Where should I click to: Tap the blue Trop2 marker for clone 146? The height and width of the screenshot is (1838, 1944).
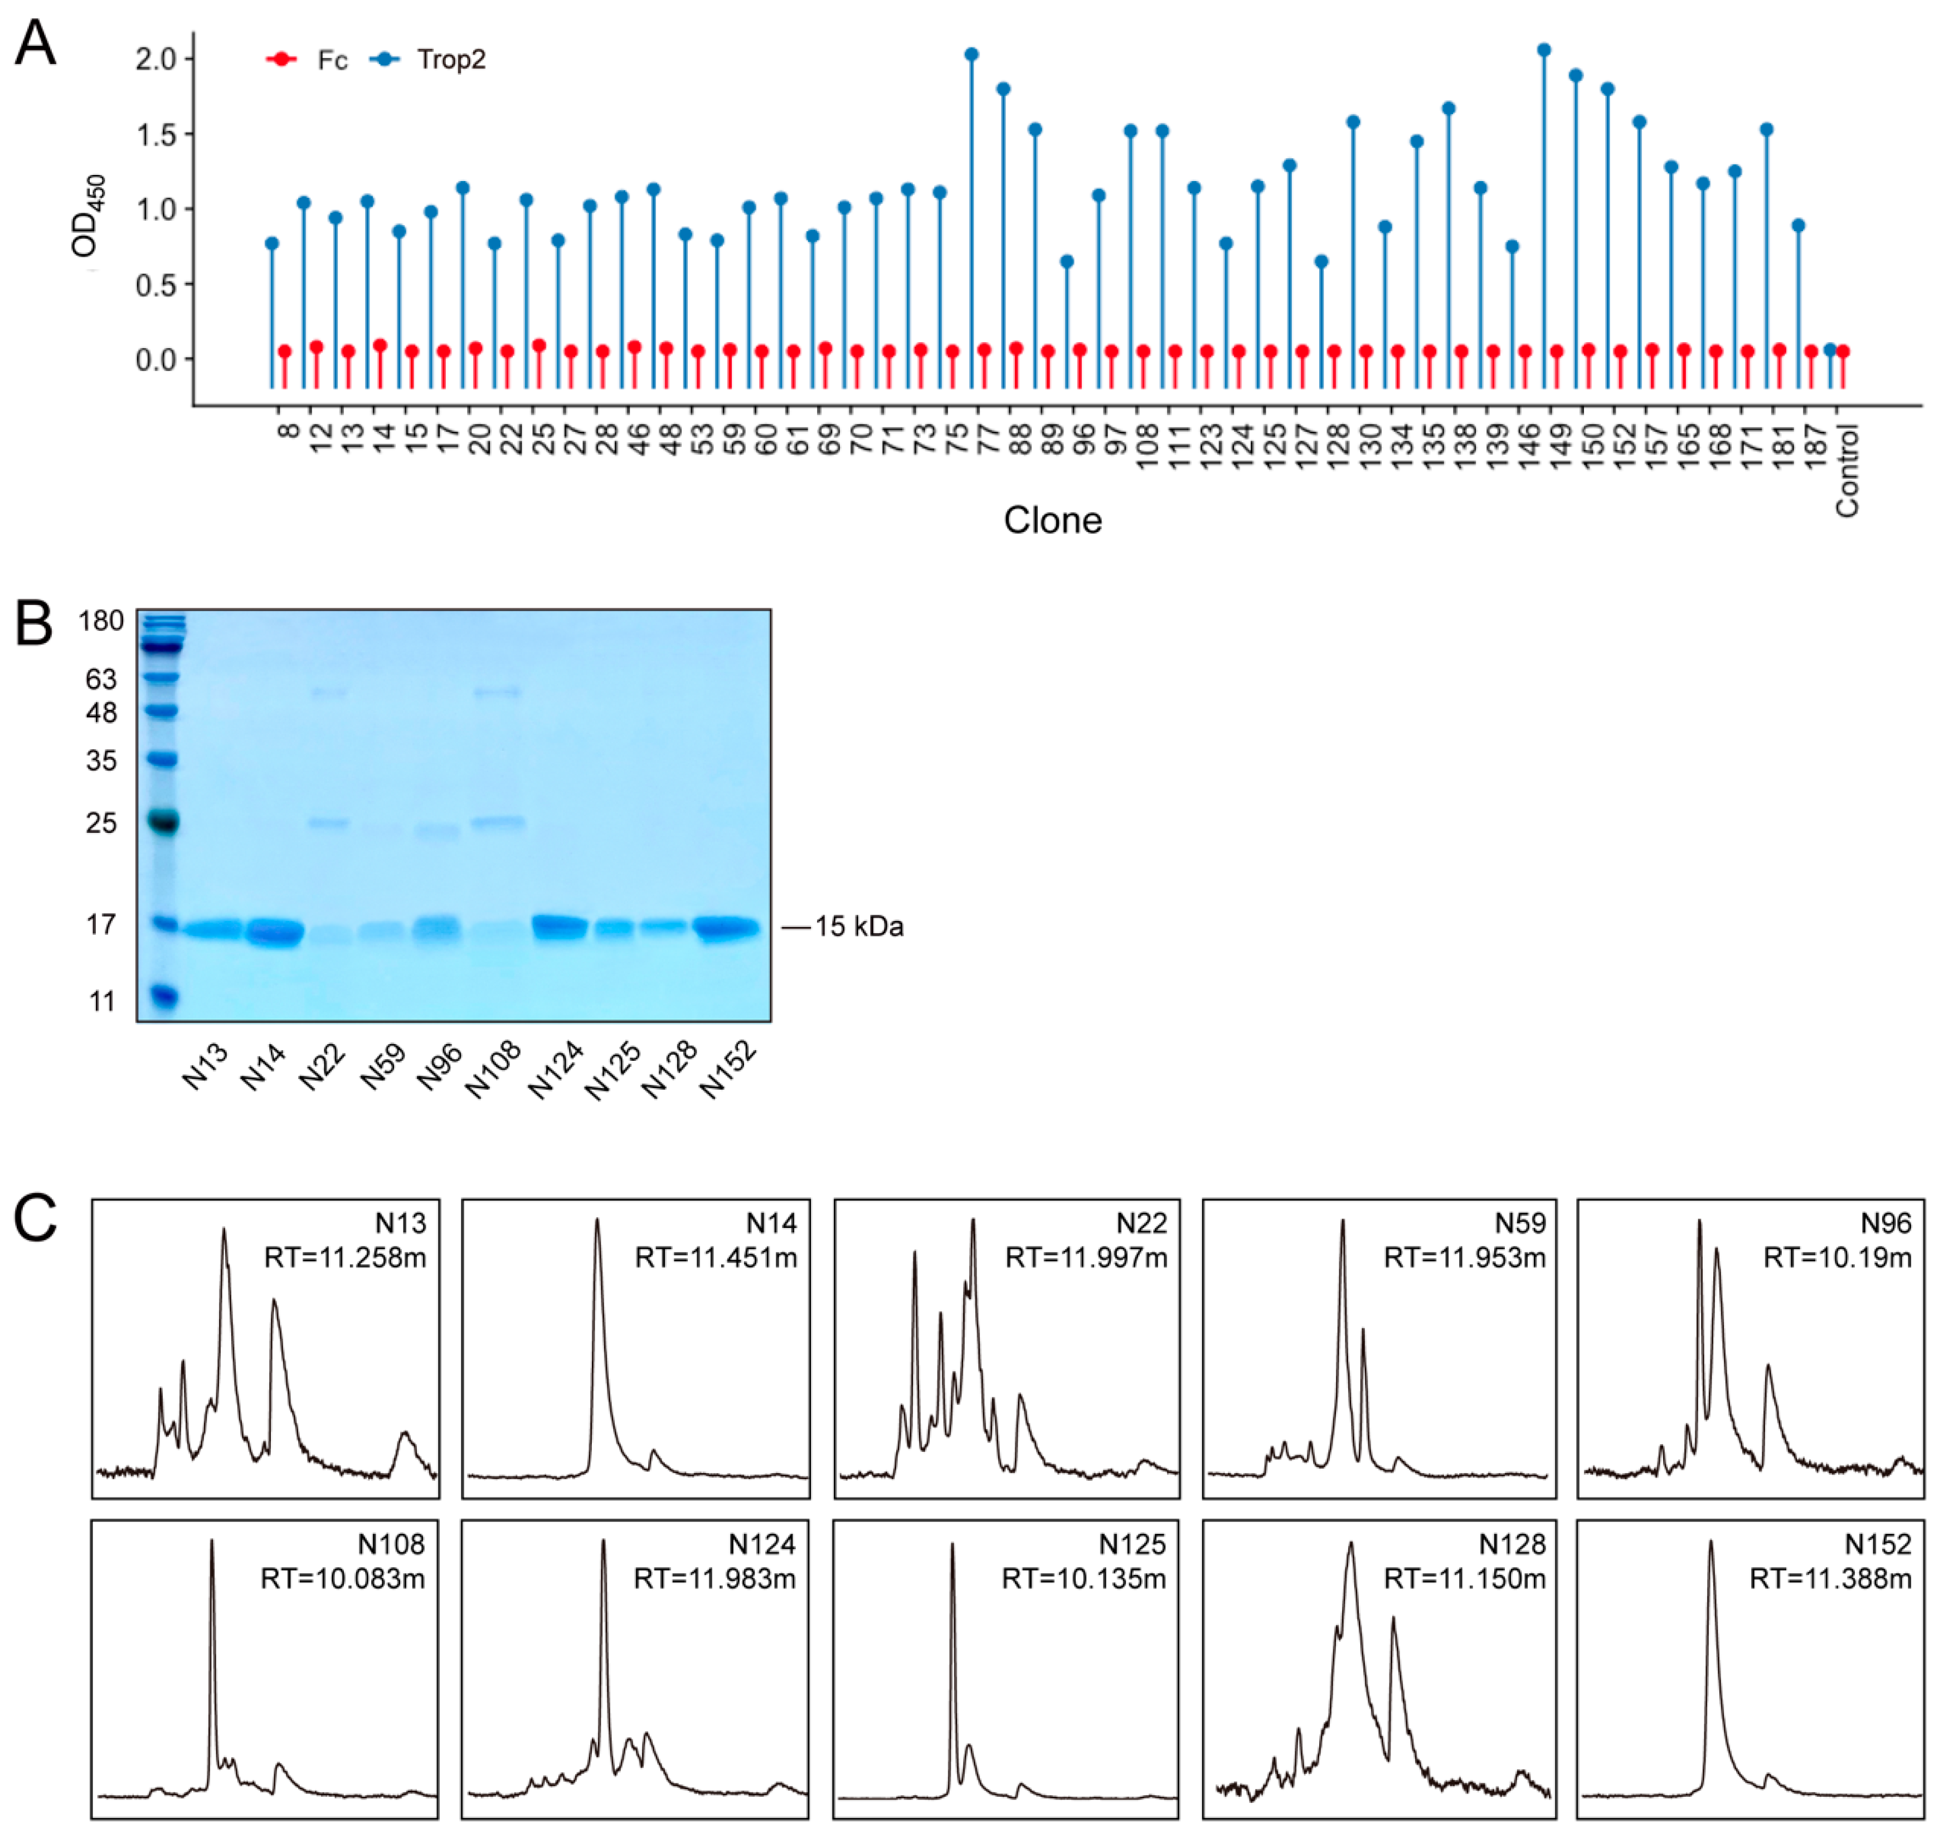point(1544,50)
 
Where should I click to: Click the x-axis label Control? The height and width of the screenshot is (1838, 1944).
point(1847,470)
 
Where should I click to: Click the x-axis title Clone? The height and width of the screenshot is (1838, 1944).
point(1052,520)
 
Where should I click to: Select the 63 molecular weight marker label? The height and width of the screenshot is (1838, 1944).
point(101,679)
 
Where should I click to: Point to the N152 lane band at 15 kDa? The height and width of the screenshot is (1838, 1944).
point(726,928)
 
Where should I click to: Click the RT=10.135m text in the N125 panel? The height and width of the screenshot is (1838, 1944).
point(1083,1578)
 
